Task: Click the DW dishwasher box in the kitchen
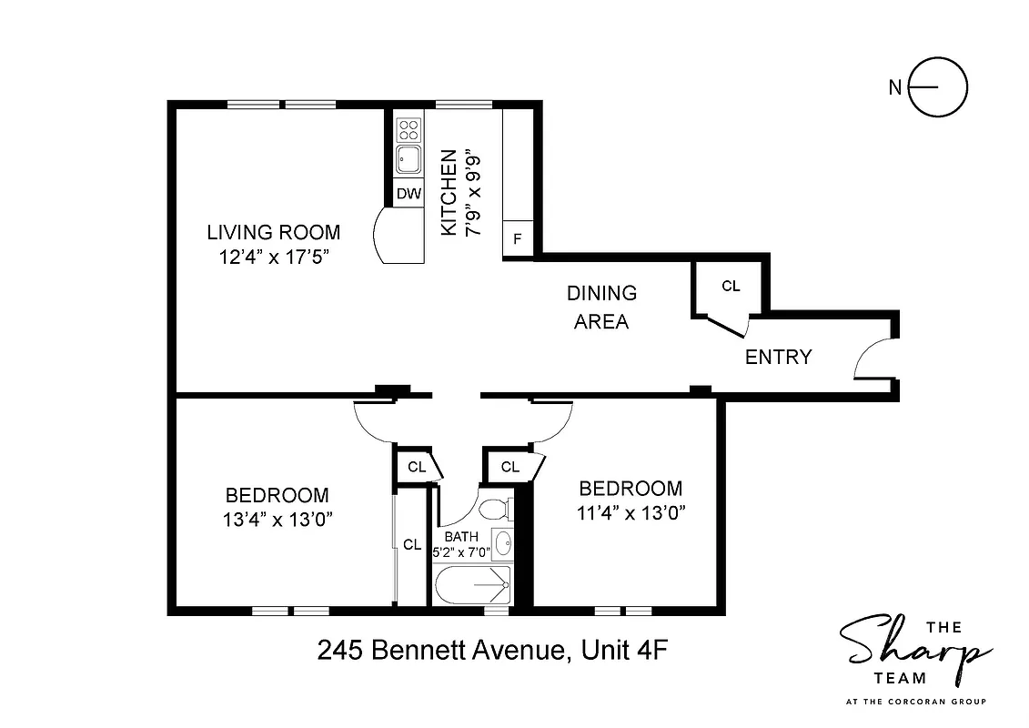pos(409,193)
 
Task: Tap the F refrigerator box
pos(518,239)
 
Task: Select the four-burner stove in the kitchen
pos(409,128)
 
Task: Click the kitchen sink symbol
pos(408,160)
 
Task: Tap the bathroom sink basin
pos(502,544)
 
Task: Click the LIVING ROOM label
pos(273,232)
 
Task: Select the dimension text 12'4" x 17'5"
pos(273,257)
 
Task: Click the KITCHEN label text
pos(449,194)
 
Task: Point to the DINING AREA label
pos(601,307)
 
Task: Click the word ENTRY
pos(778,358)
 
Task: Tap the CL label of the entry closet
pos(731,286)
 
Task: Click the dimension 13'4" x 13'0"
pos(277,520)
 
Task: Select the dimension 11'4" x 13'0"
pos(631,512)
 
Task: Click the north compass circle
pos(939,88)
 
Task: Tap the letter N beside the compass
pos(895,88)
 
